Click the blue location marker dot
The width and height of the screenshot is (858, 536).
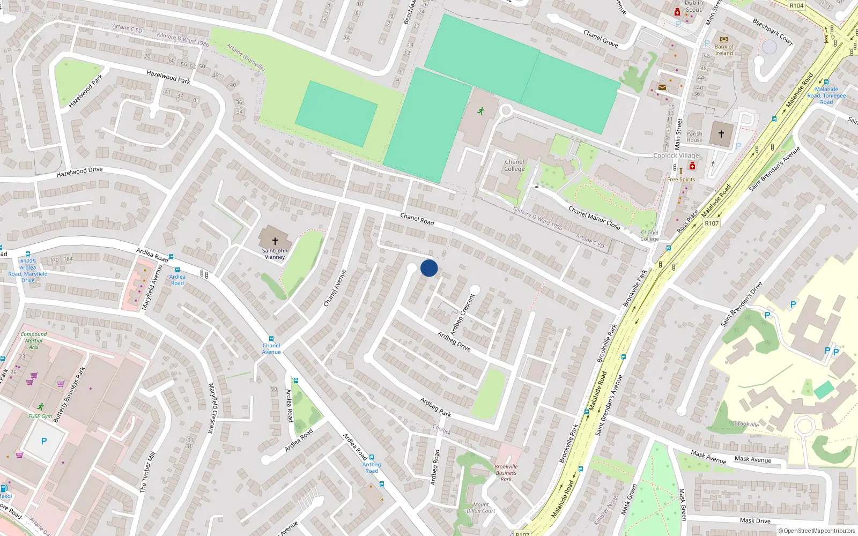point(429,268)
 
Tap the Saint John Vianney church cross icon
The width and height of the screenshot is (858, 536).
point(275,241)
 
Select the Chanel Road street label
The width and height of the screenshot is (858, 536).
point(417,219)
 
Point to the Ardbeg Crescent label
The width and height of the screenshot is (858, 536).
point(462,314)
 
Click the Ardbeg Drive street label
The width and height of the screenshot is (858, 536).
point(454,341)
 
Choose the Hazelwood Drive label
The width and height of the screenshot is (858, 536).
point(79,172)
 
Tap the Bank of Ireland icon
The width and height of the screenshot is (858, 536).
point(723,40)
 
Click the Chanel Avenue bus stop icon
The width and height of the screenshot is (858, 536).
point(271,339)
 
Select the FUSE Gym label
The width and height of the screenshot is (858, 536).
point(40,416)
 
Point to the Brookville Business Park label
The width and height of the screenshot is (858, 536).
point(506,473)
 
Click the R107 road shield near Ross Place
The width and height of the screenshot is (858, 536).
point(711,224)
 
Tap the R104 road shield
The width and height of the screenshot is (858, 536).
point(796,6)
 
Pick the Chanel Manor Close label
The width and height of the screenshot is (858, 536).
point(594,218)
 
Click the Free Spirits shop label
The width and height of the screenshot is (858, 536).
point(681,180)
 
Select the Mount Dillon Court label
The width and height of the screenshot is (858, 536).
point(480,508)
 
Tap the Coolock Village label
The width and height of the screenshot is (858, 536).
point(676,155)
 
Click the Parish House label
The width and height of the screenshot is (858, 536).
point(694,137)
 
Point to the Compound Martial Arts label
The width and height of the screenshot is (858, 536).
point(33,340)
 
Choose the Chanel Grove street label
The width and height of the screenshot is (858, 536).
point(601,39)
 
